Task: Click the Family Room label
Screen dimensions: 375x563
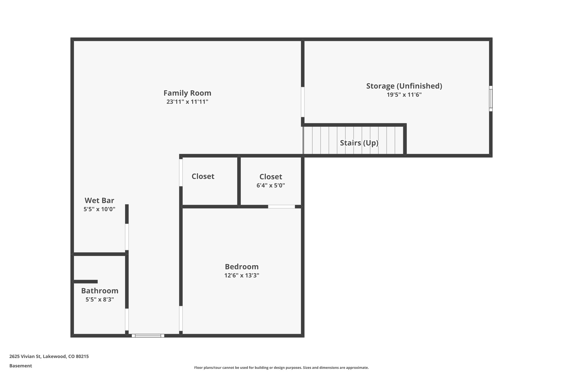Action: click(187, 93)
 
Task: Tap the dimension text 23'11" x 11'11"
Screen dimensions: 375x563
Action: click(187, 102)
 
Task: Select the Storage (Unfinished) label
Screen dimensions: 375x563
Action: click(404, 86)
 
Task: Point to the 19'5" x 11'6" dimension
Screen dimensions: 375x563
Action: click(404, 95)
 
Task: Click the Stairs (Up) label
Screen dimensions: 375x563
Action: click(359, 143)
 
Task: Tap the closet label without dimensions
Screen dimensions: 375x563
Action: click(203, 176)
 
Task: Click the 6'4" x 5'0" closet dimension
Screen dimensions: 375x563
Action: click(271, 185)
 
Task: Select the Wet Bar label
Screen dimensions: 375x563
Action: click(99, 200)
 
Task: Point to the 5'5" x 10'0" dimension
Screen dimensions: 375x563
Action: click(99, 209)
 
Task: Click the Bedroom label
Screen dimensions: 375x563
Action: click(242, 267)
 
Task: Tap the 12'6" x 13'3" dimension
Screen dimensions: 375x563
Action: click(242, 275)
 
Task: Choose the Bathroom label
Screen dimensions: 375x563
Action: click(100, 291)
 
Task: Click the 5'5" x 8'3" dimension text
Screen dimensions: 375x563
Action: click(100, 299)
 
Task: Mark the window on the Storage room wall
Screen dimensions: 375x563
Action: click(491, 98)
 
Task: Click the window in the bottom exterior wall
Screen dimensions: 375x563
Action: click(148, 335)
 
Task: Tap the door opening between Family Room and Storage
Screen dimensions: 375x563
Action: click(303, 102)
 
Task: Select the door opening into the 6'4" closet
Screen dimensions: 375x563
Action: click(281, 207)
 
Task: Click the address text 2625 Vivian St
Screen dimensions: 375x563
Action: click(49, 356)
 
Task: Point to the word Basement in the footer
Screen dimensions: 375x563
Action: click(21, 366)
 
